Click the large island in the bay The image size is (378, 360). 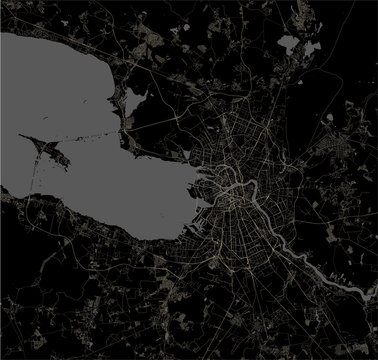51,151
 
